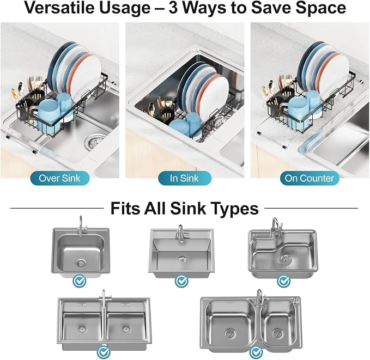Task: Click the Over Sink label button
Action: tap(60, 178)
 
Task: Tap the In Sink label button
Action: tap(185, 178)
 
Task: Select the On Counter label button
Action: tap(310, 178)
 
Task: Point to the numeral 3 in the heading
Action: tap(173, 8)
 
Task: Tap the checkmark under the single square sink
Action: tap(80, 280)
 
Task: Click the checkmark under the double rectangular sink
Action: tap(104, 352)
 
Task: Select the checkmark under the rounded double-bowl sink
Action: tap(256, 352)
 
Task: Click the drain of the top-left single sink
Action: tap(81, 263)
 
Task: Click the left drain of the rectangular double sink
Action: tap(82, 327)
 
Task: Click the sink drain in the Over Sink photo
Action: tap(94, 142)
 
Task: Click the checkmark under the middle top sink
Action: tap(181, 280)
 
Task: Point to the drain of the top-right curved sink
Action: tap(284, 259)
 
